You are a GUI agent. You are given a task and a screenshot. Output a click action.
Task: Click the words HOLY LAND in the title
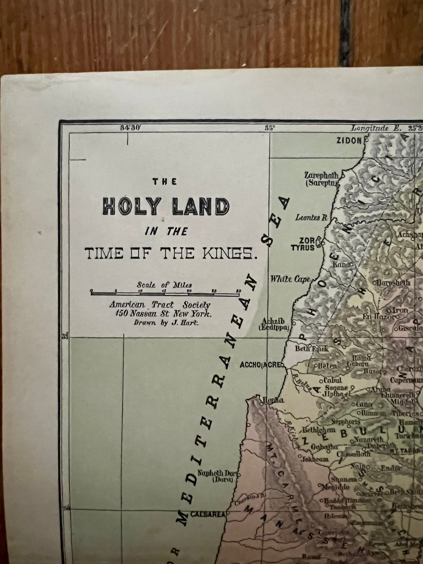point(166,206)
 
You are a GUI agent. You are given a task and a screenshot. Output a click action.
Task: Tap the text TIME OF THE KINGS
point(171,254)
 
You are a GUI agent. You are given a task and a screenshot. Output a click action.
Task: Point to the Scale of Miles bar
point(165,294)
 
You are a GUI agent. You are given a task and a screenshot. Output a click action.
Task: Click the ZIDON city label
point(349,140)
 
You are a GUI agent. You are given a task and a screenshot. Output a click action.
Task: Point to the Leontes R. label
point(311,218)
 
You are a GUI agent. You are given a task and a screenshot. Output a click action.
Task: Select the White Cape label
point(290,279)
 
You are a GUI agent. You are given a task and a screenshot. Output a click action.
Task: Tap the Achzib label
point(273,321)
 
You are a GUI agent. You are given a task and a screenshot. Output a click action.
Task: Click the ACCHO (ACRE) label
point(260,365)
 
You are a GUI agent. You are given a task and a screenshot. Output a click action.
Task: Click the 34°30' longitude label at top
point(130,128)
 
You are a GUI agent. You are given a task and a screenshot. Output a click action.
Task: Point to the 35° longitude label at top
point(269,128)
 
